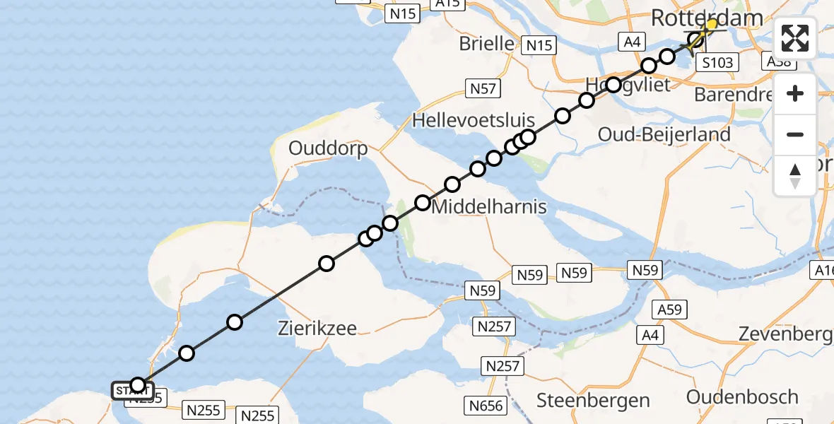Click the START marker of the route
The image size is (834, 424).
click(x=131, y=391)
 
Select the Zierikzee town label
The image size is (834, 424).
click(x=317, y=328)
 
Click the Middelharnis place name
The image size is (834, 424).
click(x=479, y=207)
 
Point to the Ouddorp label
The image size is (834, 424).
click(x=328, y=149)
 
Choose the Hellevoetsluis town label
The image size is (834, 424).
click(x=473, y=119)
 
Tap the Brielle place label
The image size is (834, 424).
click(x=487, y=43)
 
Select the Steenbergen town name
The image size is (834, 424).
click(x=593, y=401)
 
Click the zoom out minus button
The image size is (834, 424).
click(x=795, y=134)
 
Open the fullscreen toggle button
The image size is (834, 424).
click(x=795, y=38)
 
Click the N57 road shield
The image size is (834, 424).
click(x=483, y=88)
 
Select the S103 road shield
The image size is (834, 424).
click(x=717, y=62)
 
